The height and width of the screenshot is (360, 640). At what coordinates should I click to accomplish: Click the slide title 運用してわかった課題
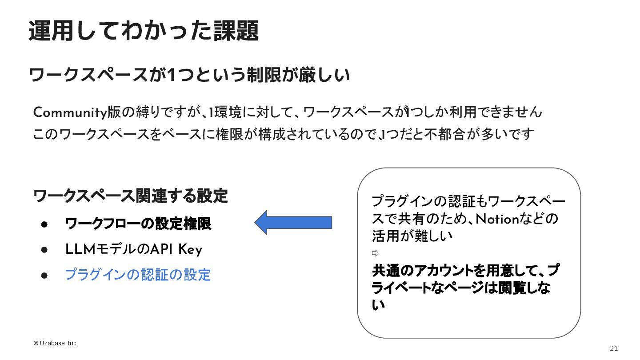143,31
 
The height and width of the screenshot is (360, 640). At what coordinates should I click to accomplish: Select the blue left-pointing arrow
293,222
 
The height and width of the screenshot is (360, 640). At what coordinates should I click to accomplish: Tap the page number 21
614,348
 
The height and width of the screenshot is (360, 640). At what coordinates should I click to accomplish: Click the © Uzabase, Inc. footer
56,343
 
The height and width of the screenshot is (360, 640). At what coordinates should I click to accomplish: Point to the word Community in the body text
70,113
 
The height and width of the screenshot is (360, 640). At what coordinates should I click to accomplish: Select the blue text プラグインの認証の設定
138,275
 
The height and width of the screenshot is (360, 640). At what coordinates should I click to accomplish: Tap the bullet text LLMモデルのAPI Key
133,250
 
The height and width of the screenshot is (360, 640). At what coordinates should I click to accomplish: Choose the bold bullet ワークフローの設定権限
138,224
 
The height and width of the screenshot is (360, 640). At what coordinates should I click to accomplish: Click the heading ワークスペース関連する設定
131,196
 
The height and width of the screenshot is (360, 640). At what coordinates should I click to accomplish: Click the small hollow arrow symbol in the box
375,253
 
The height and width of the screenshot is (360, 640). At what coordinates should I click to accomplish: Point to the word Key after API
190,250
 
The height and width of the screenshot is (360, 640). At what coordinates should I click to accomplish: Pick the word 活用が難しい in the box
412,236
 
